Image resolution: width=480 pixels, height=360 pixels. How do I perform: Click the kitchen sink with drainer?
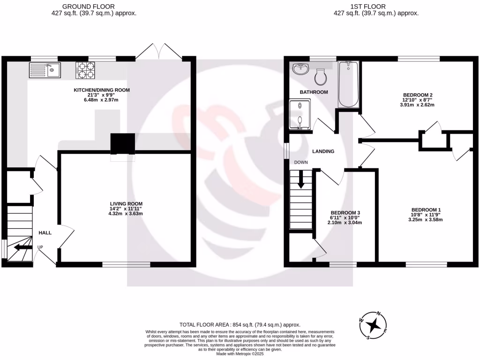[44, 70]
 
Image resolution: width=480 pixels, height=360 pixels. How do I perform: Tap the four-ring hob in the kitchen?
[85, 70]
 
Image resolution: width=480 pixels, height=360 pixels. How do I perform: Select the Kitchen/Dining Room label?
[101, 90]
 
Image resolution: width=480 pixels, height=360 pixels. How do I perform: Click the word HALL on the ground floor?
[45, 233]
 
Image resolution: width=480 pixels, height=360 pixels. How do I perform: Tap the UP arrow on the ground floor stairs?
[22, 247]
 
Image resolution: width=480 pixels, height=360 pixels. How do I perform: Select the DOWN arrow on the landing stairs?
[300, 180]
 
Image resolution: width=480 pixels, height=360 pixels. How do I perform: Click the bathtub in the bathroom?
[348, 84]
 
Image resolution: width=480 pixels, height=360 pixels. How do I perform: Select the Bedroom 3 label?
[345, 212]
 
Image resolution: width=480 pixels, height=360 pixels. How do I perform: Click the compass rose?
[374, 324]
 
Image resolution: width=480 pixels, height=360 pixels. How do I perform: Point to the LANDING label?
[323, 151]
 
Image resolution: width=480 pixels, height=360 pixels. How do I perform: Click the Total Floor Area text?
[240, 325]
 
